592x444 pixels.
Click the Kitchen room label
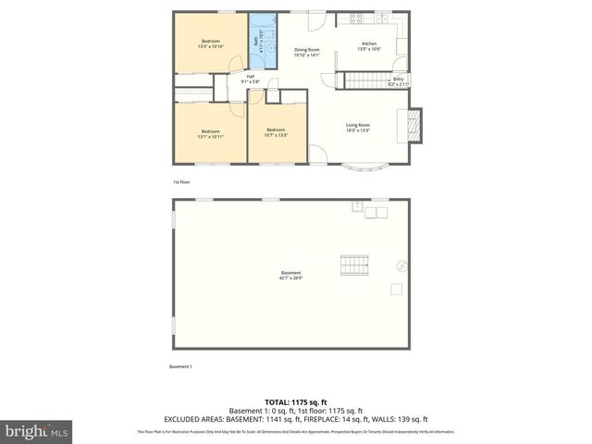click(x=369, y=46)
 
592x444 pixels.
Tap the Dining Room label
click(x=306, y=52)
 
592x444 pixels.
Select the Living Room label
click(x=358, y=128)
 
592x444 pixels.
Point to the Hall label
click(x=250, y=79)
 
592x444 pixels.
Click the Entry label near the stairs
click(x=398, y=81)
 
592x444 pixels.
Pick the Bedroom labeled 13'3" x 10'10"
click(x=210, y=43)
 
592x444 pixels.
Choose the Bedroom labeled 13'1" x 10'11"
click(x=211, y=133)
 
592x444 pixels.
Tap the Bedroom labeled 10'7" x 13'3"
click(x=276, y=132)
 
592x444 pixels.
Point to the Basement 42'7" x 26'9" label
click(x=291, y=275)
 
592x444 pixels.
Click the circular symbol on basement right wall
click(x=401, y=265)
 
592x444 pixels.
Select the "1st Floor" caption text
click(x=181, y=182)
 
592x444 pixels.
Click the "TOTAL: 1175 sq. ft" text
click(x=296, y=402)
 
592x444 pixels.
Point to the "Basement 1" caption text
click(x=180, y=367)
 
